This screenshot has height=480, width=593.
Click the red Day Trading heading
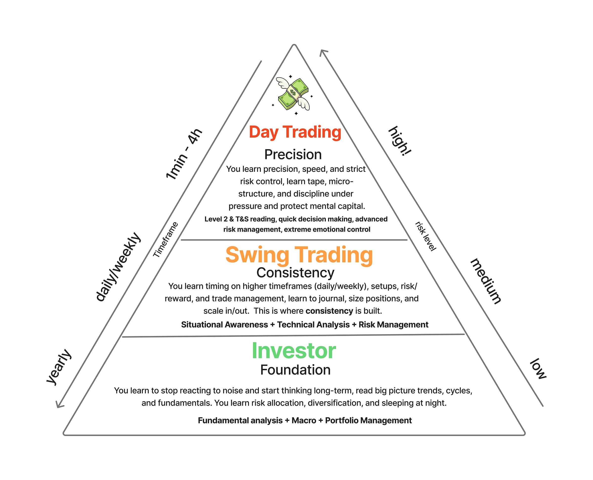click(295, 132)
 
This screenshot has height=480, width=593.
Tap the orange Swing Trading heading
click(299, 255)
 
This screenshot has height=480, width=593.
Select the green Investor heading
click(294, 351)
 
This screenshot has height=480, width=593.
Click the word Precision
click(293, 155)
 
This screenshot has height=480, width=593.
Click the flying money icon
click(293, 94)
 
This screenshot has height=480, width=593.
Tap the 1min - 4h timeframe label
click(184, 154)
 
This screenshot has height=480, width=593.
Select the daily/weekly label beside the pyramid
click(118, 267)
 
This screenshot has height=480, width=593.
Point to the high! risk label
click(400, 141)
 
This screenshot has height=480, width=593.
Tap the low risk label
click(538, 369)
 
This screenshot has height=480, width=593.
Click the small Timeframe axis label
click(165, 239)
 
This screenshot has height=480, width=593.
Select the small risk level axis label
click(426, 236)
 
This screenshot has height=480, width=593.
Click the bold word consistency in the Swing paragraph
click(329, 311)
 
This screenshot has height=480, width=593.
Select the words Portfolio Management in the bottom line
click(368, 420)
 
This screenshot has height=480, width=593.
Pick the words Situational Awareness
click(224, 325)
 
